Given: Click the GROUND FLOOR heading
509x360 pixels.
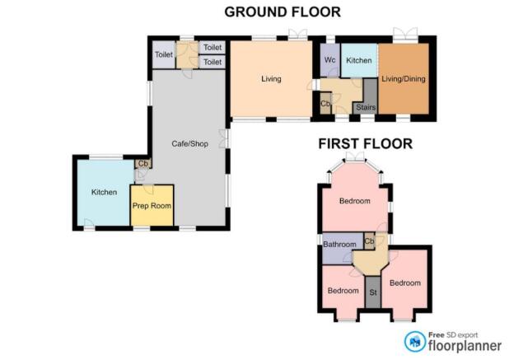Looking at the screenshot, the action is [283, 12].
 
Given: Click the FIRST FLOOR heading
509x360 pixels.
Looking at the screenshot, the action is [365, 144].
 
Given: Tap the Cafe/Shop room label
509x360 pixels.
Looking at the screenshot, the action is [190, 143].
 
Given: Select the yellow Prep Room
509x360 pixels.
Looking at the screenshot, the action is [152, 205].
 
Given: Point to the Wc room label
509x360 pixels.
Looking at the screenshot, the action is [329, 60].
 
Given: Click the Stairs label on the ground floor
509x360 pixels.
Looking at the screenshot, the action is [366, 107].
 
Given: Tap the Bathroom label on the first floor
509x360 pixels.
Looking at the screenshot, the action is [339, 244].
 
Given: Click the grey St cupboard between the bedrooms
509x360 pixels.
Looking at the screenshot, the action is [373, 292].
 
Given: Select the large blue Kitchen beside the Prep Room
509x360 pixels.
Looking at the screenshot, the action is [104, 192].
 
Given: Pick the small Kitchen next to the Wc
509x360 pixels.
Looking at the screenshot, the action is [359, 60].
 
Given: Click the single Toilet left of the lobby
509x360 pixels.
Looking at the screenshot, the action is [164, 54].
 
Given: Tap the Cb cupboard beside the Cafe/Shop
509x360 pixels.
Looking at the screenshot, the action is [143, 164].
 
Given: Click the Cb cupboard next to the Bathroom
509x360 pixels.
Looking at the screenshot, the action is [370, 241].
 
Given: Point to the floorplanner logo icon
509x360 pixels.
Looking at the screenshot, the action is [415, 342].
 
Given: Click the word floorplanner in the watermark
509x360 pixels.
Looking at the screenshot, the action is [465, 346].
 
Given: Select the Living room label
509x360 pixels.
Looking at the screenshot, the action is [271, 79].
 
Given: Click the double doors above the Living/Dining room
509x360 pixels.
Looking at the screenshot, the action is [405, 35].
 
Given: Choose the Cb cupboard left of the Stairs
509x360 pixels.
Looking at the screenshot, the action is [325, 104].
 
